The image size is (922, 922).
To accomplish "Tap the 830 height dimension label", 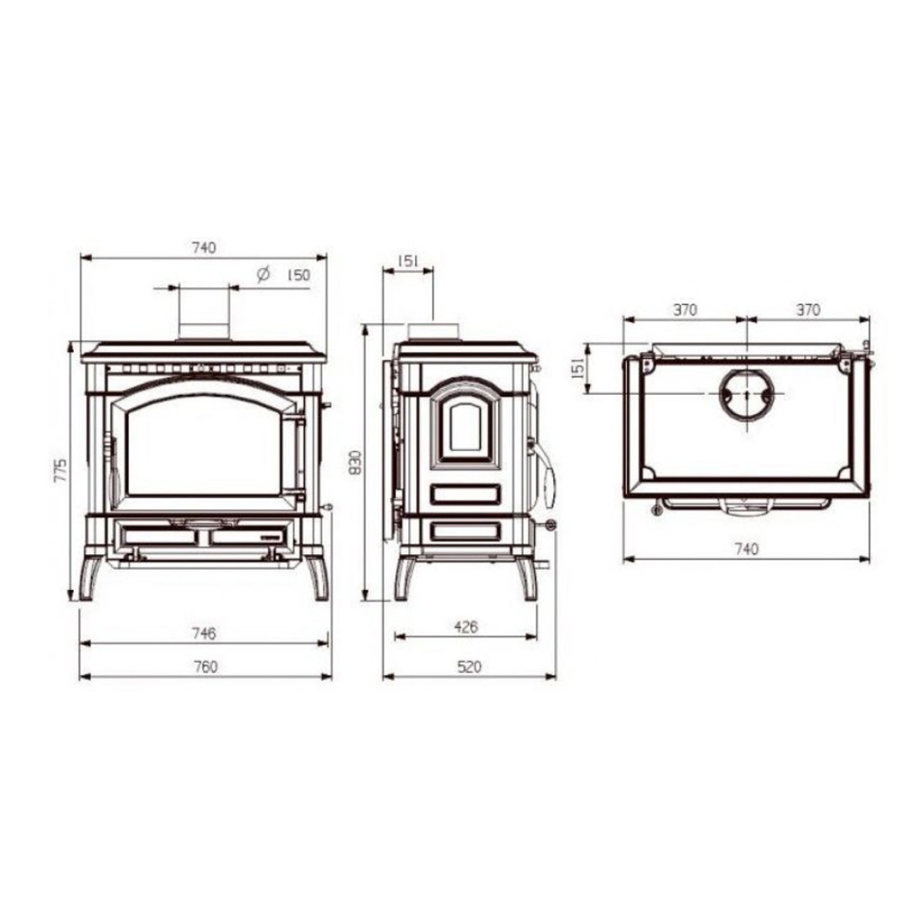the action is (355, 464).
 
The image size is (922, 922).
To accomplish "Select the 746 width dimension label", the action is (204, 634).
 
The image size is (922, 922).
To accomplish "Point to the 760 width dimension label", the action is (205, 667).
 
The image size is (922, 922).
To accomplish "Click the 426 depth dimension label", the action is (466, 627).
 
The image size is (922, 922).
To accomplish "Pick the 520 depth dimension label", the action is (469, 667).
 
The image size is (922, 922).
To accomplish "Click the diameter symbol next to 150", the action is (263, 274).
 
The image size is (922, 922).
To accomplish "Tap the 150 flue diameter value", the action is (298, 275).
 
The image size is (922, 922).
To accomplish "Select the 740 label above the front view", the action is (204, 247).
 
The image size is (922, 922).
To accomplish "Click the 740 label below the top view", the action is (746, 549).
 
